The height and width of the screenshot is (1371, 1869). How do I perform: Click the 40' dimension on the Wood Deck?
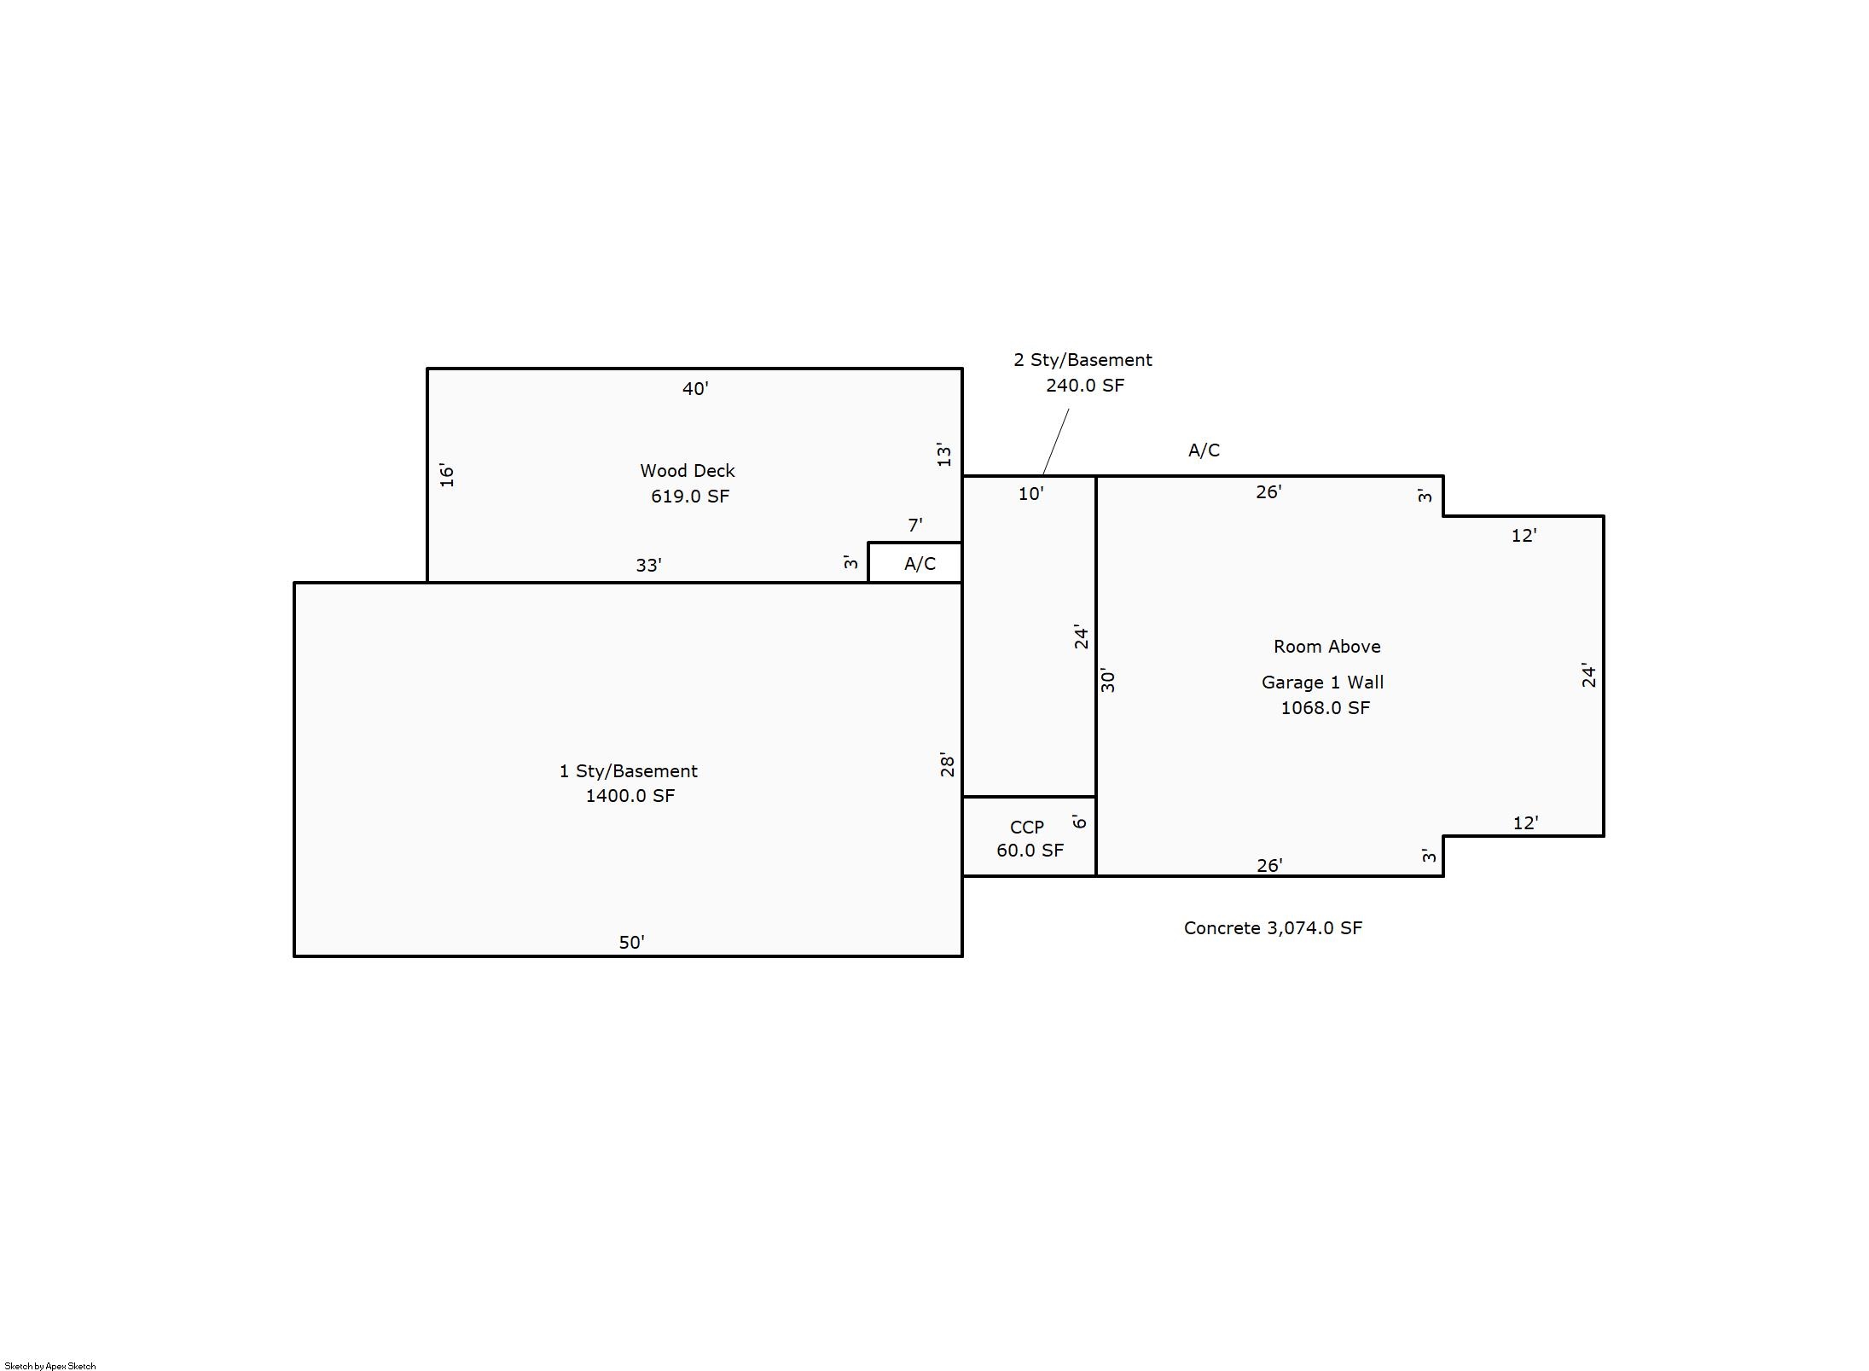tap(695, 389)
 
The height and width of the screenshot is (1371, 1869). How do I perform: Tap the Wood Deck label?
tap(687, 471)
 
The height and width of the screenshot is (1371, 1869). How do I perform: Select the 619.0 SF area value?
tap(689, 497)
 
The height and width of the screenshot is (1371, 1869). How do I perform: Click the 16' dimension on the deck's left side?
tap(447, 475)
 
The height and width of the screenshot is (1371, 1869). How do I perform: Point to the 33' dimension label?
tap(648, 566)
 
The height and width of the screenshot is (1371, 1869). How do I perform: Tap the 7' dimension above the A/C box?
tap(914, 526)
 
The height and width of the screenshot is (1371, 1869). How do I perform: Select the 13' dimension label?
tap(943, 455)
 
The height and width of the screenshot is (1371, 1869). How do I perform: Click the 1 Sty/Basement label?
tap(628, 771)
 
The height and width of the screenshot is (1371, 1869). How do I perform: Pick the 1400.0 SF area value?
tap(630, 796)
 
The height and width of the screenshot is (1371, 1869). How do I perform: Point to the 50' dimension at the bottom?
tap(631, 943)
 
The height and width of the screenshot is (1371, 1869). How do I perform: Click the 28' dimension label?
tap(947, 764)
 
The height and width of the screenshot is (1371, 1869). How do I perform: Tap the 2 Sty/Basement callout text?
tap(1082, 360)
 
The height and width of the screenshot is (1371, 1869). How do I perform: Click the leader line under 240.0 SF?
tap(1055, 442)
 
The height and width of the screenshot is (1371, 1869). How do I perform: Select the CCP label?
tap(1026, 828)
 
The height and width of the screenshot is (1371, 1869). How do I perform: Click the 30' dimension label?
tap(1107, 680)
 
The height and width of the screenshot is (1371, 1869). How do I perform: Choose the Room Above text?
tap(1326, 647)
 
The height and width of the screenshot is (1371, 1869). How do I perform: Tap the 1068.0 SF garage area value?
tap(1325, 708)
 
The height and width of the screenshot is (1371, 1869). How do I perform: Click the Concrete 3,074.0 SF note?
tap(1272, 928)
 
